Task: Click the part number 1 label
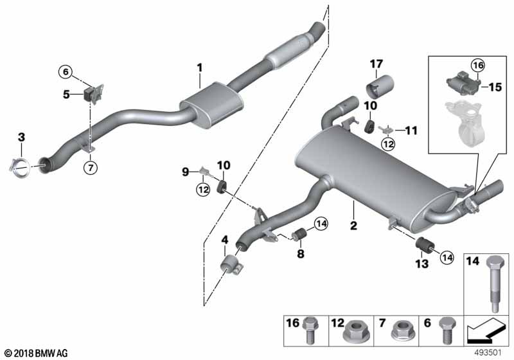pos(199,67)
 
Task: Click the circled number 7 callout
pos(90,168)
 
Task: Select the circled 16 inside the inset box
pos(476,65)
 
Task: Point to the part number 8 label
pos(300,255)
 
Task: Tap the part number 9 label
pos(186,171)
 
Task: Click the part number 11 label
pos(411,130)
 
